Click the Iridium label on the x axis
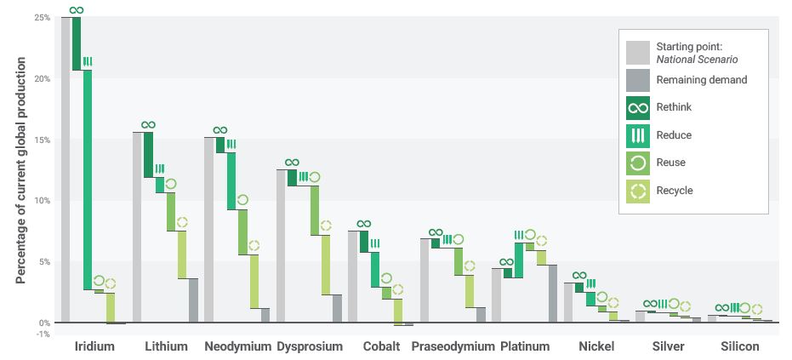tap(94, 347)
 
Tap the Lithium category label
tap(166, 347)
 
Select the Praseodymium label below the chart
tap(453, 347)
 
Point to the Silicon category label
tap(739, 347)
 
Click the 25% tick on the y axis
tap(43, 18)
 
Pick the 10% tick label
tap(43, 201)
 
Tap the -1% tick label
tap(43, 334)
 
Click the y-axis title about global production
tap(20, 171)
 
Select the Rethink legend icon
tap(637, 108)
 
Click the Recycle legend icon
tap(637, 191)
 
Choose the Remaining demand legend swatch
tap(637, 81)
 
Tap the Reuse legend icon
tap(637, 163)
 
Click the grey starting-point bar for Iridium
tap(66, 169)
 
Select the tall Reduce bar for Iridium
tap(88, 180)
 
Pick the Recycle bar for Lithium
tap(182, 254)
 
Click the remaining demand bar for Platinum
tap(552, 294)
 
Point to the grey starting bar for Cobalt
tap(353, 277)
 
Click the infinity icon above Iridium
tap(77, 10)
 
